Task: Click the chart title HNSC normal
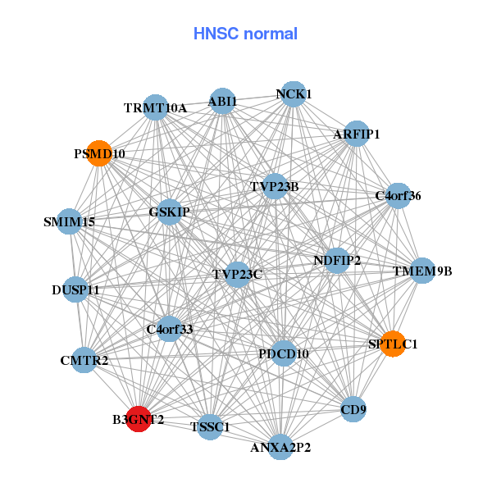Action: (245, 34)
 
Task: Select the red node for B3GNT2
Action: (139, 418)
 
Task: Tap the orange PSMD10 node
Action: (98, 153)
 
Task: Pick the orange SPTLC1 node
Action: (394, 344)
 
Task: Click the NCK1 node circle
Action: (293, 94)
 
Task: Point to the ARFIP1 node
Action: (356, 134)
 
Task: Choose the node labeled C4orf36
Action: (399, 196)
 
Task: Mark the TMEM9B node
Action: (421, 271)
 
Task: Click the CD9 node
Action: (353, 408)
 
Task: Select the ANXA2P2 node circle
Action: (280, 447)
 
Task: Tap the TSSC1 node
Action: (211, 426)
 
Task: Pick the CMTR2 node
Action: (84, 360)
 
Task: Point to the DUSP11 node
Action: (75, 289)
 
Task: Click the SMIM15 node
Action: (69, 221)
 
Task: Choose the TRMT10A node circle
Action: (156, 107)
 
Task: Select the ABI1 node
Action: (222, 102)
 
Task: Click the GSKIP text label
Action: (170, 212)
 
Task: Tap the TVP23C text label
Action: (237, 273)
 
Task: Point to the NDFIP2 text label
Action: (337, 261)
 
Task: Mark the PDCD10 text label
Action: (283, 353)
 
